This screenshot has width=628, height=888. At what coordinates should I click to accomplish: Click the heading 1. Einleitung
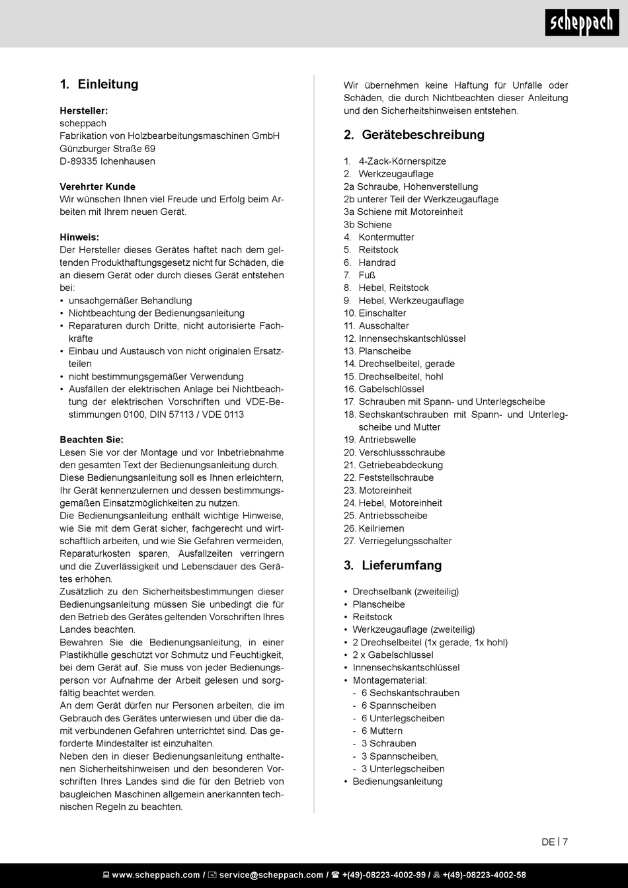coord(98,85)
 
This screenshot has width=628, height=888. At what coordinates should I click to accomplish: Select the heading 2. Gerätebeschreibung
coord(414,135)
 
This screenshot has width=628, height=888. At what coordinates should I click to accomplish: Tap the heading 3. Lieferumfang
coord(393,565)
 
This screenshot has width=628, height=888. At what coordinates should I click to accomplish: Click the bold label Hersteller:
coord(84,110)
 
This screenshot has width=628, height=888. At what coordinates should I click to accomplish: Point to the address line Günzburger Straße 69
coord(107,149)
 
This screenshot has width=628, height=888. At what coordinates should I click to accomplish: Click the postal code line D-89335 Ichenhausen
coord(107,161)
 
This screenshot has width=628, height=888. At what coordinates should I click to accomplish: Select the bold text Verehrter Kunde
coord(97,186)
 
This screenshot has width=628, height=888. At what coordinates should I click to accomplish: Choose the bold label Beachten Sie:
coord(91,440)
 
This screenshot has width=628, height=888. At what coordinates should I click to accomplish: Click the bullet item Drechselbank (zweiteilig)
coord(405,592)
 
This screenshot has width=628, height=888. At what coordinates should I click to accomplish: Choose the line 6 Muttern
coord(381,731)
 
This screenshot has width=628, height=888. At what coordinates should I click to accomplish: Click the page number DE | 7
coord(555,842)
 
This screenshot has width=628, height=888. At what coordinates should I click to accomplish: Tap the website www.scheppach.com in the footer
coord(155,875)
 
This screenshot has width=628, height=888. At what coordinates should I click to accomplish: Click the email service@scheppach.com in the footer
coord(271,875)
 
